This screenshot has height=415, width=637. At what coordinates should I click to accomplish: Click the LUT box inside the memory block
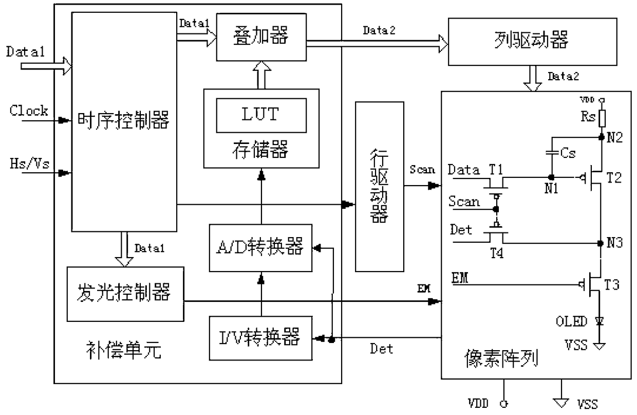click(261, 115)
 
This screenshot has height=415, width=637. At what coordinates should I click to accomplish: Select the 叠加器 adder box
click(261, 37)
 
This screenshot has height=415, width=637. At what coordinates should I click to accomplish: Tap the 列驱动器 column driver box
click(532, 42)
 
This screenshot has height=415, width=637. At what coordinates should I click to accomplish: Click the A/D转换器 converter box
click(260, 248)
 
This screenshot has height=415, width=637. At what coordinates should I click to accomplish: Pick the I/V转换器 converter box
click(260, 338)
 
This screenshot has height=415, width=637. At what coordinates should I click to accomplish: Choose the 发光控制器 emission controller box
click(125, 294)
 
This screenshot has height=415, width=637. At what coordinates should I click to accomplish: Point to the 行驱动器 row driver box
click(379, 187)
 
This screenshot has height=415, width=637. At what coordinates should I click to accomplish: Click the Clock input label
click(29, 111)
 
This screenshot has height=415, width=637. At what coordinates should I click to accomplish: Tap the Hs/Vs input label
click(30, 164)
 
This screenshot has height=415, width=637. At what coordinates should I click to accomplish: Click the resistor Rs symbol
click(602, 118)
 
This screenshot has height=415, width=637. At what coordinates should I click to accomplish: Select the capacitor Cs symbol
click(552, 153)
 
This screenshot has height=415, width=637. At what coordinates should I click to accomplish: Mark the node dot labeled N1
click(551, 177)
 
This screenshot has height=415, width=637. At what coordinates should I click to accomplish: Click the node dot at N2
click(602, 137)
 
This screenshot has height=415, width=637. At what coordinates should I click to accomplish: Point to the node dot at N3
click(601, 243)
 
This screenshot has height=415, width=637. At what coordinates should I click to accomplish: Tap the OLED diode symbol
click(599, 321)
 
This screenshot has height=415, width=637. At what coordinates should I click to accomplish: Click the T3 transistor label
click(611, 284)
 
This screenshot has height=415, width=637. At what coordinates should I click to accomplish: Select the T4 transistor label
click(497, 253)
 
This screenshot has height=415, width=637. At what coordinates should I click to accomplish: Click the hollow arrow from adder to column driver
click(377, 44)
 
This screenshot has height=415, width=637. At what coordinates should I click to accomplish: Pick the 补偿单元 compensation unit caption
click(124, 350)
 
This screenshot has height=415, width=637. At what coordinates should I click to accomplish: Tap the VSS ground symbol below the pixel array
click(561, 403)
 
